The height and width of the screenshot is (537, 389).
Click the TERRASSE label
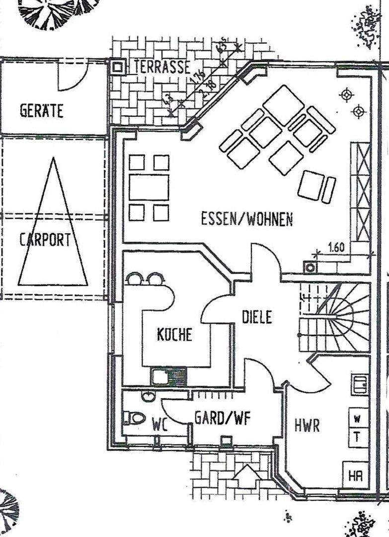pos(162,67)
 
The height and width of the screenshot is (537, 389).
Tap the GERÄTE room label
pos(42,110)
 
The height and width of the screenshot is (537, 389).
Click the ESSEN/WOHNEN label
pos(247,219)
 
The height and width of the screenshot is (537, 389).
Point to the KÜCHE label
pos(174,335)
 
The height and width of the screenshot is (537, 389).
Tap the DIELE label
pos(257,317)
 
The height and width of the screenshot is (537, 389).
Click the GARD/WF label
pos(222,417)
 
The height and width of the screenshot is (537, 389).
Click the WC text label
pos(160,425)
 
